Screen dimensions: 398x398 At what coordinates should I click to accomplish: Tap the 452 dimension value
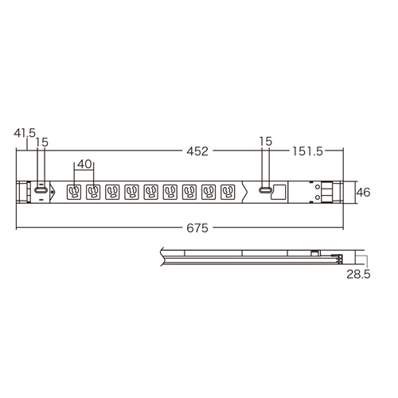click(x=199, y=149)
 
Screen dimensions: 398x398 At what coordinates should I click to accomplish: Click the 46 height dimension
click(x=364, y=192)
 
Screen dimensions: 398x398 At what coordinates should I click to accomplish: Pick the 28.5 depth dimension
click(x=357, y=275)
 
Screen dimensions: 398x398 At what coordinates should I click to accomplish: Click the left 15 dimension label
click(x=42, y=141)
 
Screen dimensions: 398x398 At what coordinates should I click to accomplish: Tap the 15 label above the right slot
click(x=266, y=141)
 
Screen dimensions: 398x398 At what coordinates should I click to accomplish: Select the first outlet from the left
click(x=74, y=192)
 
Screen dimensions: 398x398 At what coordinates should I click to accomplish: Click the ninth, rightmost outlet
click(x=228, y=192)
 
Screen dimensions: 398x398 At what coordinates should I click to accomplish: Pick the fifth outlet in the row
click(x=151, y=192)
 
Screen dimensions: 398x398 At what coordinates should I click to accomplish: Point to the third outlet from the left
click(x=113, y=192)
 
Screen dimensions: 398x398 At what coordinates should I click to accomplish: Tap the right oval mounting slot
click(x=265, y=192)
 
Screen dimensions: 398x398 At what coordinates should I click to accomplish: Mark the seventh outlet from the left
click(x=189, y=192)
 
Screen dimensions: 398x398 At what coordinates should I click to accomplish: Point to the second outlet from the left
click(x=94, y=192)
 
